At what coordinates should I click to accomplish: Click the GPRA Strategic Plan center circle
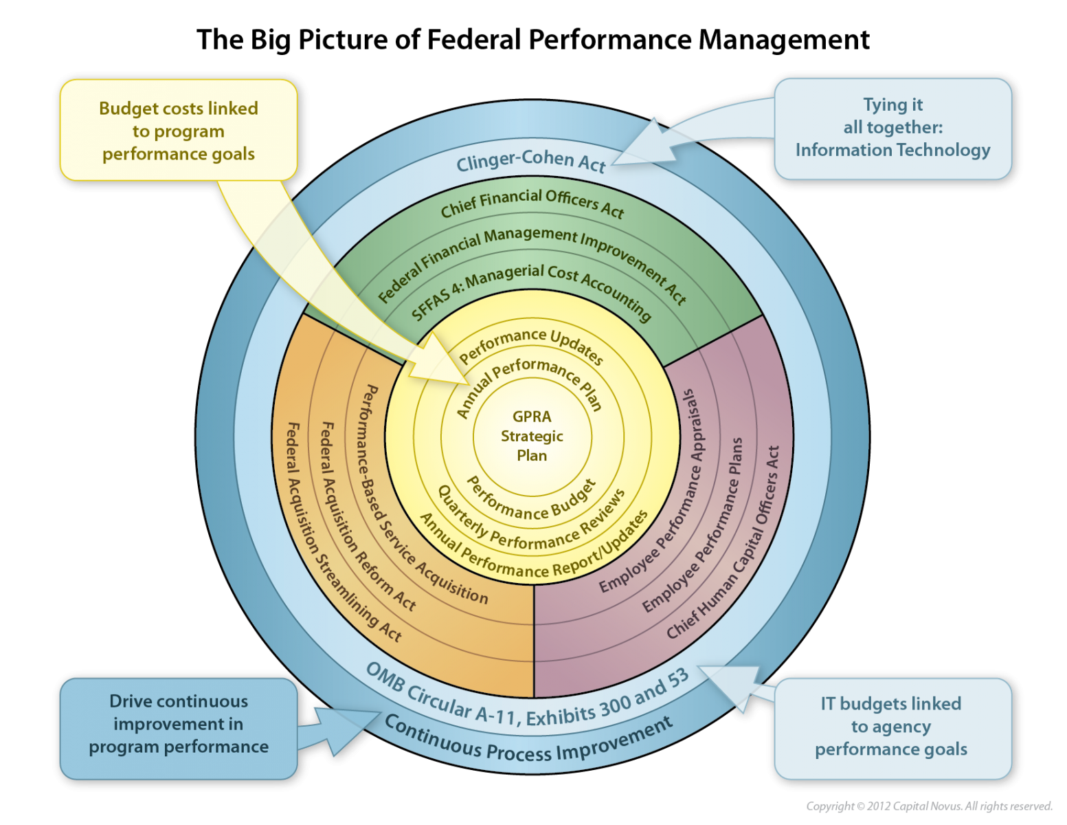point(532,436)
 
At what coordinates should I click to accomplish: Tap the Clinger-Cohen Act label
point(530,162)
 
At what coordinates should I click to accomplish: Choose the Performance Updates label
point(531,342)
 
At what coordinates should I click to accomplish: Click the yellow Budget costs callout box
point(179,131)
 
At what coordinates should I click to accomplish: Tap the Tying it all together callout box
point(892,128)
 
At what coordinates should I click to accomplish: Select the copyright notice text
point(929,806)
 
